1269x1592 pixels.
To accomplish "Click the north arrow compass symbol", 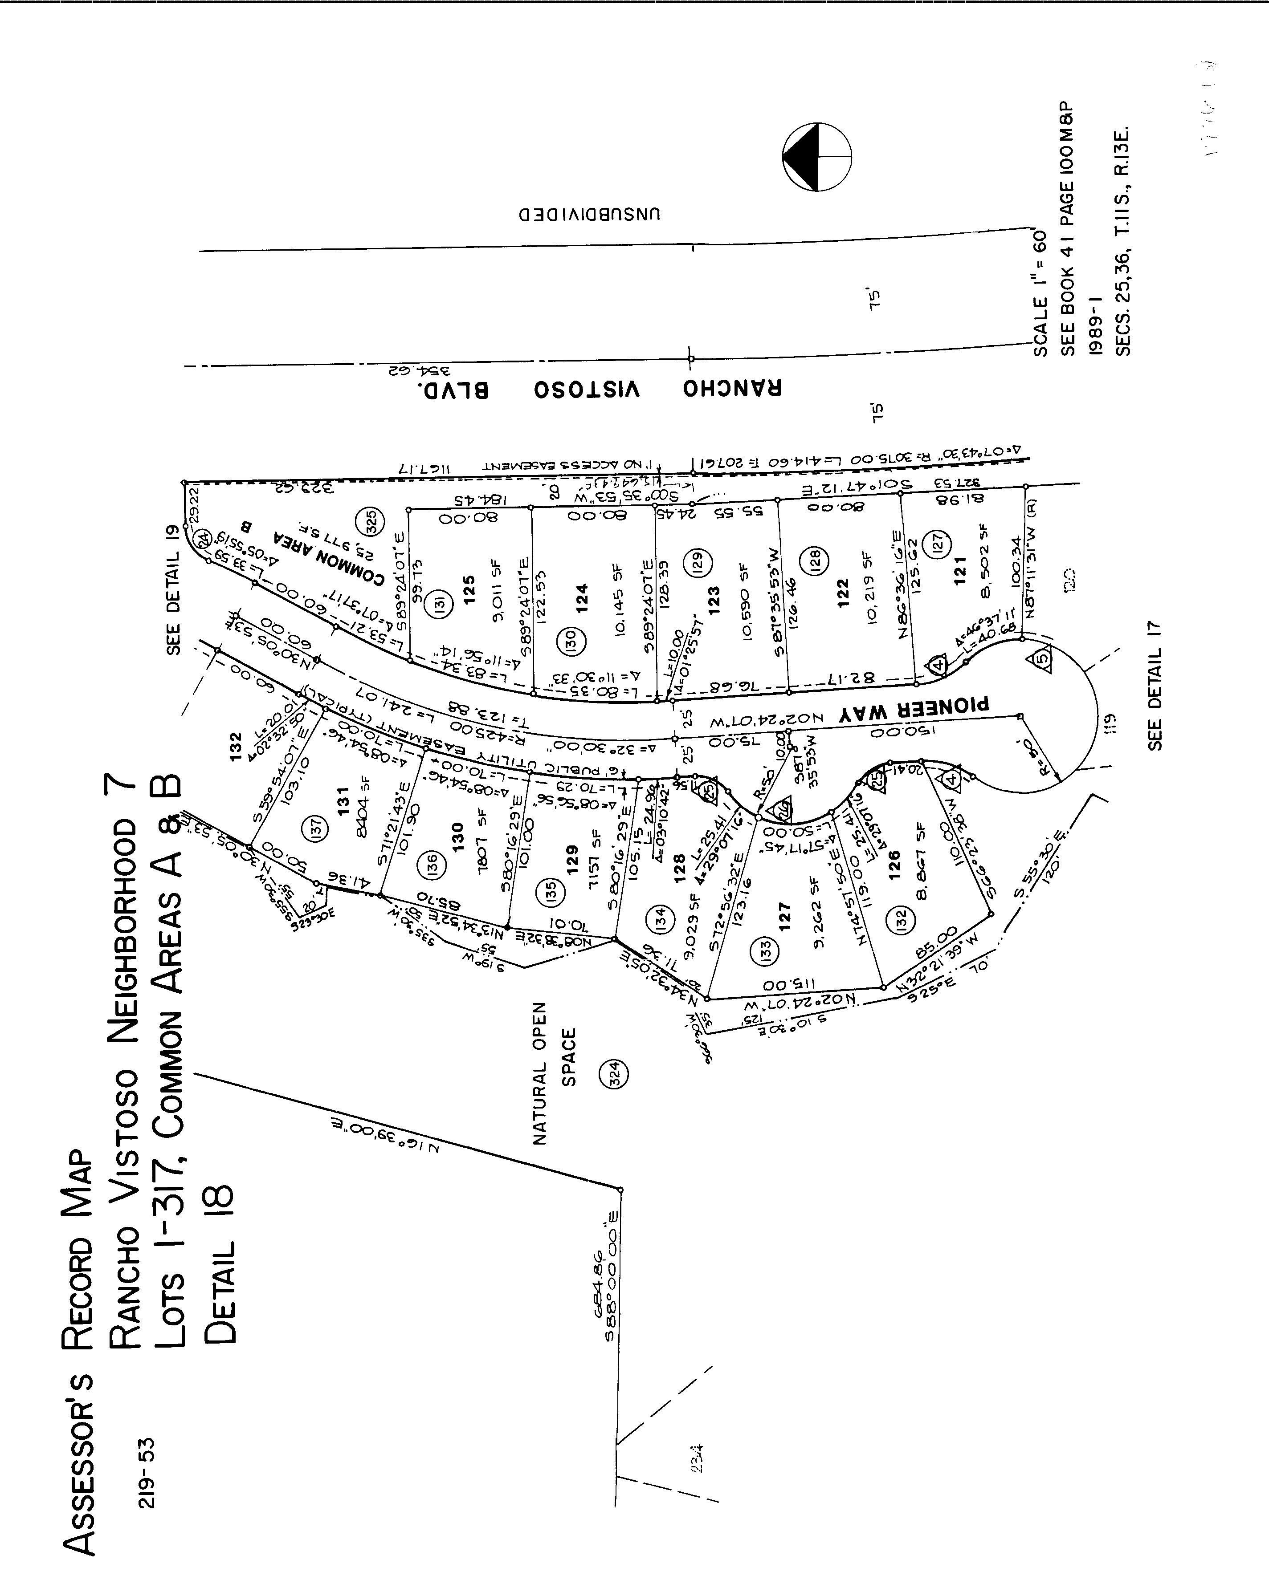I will [x=817, y=157].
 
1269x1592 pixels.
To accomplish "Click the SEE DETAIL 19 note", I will [x=174, y=590].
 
